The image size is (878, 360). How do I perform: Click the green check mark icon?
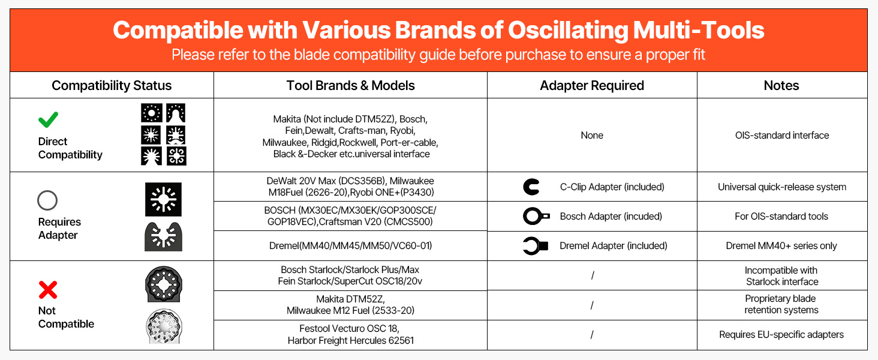pyautogui.click(x=48, y=120)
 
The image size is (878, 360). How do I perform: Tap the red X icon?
pyautogui.click(x=48, y=290)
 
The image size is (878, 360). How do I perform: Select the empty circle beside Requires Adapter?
pyautogui.click(x=47, y=200)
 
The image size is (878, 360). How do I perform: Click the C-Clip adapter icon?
pyautogui.click(x=531, y=187)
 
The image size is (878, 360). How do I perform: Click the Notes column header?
pyautogui.click(x=781, y=85)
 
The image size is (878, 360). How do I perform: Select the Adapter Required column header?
pyautogui.click(x=592, y=85)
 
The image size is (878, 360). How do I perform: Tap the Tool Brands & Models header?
pyautogui.click(x=350, y=85)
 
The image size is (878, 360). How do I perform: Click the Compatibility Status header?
pyautogui.click(x=112, y=85)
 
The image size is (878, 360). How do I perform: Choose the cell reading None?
pyautogui.click(x=592, y=135)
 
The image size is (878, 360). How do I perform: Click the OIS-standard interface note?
pyautogui.click(x=782, y=135)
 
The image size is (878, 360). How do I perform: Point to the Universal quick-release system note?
pyautogui.click(x=782, y=187)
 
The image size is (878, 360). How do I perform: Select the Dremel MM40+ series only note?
pyautogui.click(x=781, y=246)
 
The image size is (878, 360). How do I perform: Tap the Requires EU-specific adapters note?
pyautogui.click(x=781, y=335)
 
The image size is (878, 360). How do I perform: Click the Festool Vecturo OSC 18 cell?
pyautogui.click(x=350, y=335)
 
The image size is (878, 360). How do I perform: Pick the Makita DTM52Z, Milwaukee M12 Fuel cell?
pyautogui.click(x=350, y=305)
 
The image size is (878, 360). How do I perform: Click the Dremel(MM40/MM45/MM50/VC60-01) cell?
pyautogui.click(x=350, y=246)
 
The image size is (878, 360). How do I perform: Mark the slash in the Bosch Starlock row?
pyautogui.click(x=593, y=275)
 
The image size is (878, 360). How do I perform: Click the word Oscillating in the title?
pyautogui.click(x=568, y=31)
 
